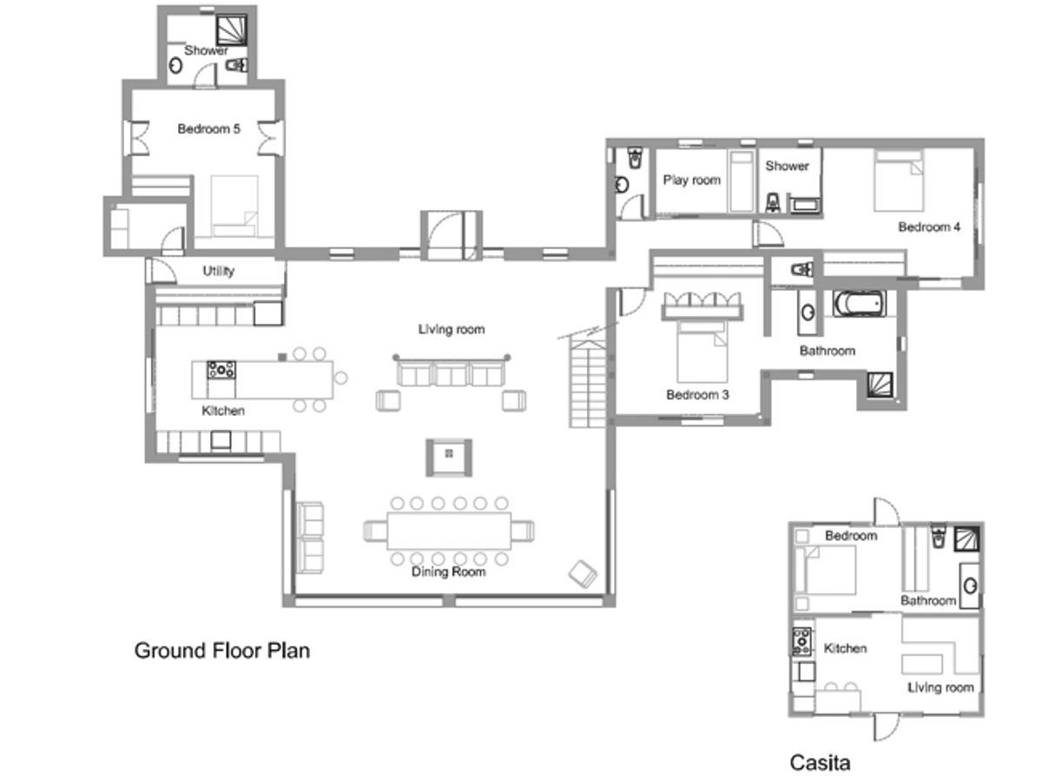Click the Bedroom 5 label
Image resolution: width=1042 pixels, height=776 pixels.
[208, 128]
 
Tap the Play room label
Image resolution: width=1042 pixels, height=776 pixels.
[691, 180]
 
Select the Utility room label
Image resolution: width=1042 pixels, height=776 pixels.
[218, 271]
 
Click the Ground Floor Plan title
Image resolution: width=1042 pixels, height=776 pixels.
[221, 651]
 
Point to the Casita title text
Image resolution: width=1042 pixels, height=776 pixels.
[820, 762]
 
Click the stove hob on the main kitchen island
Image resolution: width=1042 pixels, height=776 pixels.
[221, 369]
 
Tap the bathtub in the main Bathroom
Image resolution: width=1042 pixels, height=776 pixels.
[860, 304]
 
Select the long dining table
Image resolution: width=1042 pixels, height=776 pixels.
[449, 531]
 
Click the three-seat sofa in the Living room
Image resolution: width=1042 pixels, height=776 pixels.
[451, 372]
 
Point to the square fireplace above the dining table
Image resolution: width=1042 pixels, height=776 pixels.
[449, 457]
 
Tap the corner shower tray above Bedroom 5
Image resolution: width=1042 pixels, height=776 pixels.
[232, 30]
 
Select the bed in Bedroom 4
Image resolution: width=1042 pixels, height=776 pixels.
[898, 181]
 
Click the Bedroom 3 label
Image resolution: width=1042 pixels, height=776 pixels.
[697, 395]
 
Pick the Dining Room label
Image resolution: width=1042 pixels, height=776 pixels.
[448, 572]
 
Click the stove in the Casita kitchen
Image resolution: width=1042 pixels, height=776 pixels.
[801, 641]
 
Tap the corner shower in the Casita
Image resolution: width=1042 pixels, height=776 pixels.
[966, 539]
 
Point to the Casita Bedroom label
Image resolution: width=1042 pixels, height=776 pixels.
[851, 536]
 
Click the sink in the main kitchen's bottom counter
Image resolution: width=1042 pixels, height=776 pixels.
[221, 441]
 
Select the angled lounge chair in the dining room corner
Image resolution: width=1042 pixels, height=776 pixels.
[583, 574]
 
